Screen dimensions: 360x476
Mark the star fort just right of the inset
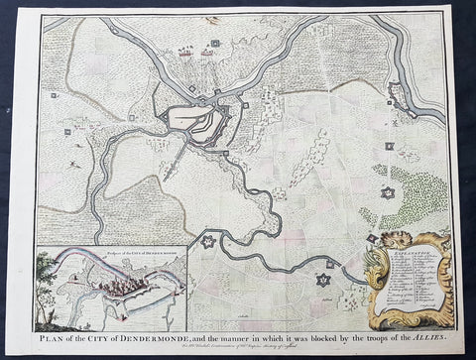pyautogui.click(x=208, y=241)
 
